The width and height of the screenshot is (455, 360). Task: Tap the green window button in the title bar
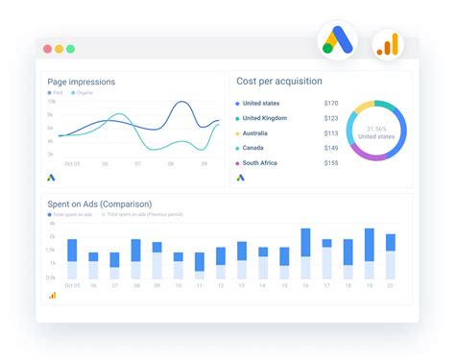pyautogui.click(x=70, y=49)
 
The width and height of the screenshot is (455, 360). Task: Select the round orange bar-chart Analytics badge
pyautogui.click(x=387, y=44)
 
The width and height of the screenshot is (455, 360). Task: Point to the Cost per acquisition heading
pyautogui.click(x=279, y=82)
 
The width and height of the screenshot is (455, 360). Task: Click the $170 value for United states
pyautogui.click(x=331, y=104)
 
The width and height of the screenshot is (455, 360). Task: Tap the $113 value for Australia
pyautogui.click(x=331, y=133)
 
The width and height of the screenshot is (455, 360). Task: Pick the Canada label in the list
pyautogui.click(x=253, y=149)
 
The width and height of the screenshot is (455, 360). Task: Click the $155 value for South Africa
pyautogui.click(x=331, y=163)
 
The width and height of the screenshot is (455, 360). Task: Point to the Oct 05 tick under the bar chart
pyautogui.click(x=72, y=286)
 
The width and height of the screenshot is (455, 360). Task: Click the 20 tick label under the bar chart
pyautogui.click(x=391, y=286)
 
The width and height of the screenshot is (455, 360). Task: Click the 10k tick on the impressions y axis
pyautogui.click(x=51, y=101)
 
